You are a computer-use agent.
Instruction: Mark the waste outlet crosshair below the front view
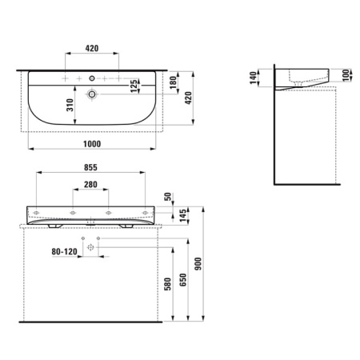pyautogui.click(x=90, y=249)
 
